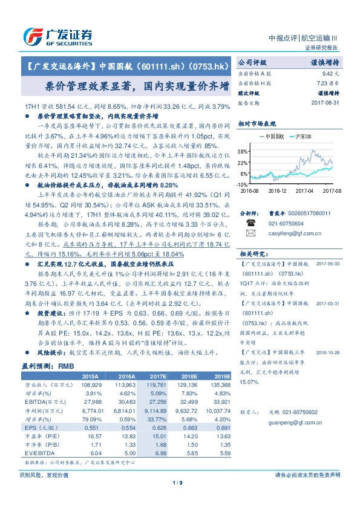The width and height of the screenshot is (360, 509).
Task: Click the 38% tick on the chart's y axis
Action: tap(242, 151)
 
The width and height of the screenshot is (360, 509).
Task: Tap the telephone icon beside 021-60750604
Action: tap(249, 222)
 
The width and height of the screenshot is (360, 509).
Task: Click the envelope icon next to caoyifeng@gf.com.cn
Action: tap(249, 232)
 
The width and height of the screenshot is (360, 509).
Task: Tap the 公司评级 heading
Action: tap(252, 62)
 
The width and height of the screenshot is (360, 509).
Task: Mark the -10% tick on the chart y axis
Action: tap(241, 183)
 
